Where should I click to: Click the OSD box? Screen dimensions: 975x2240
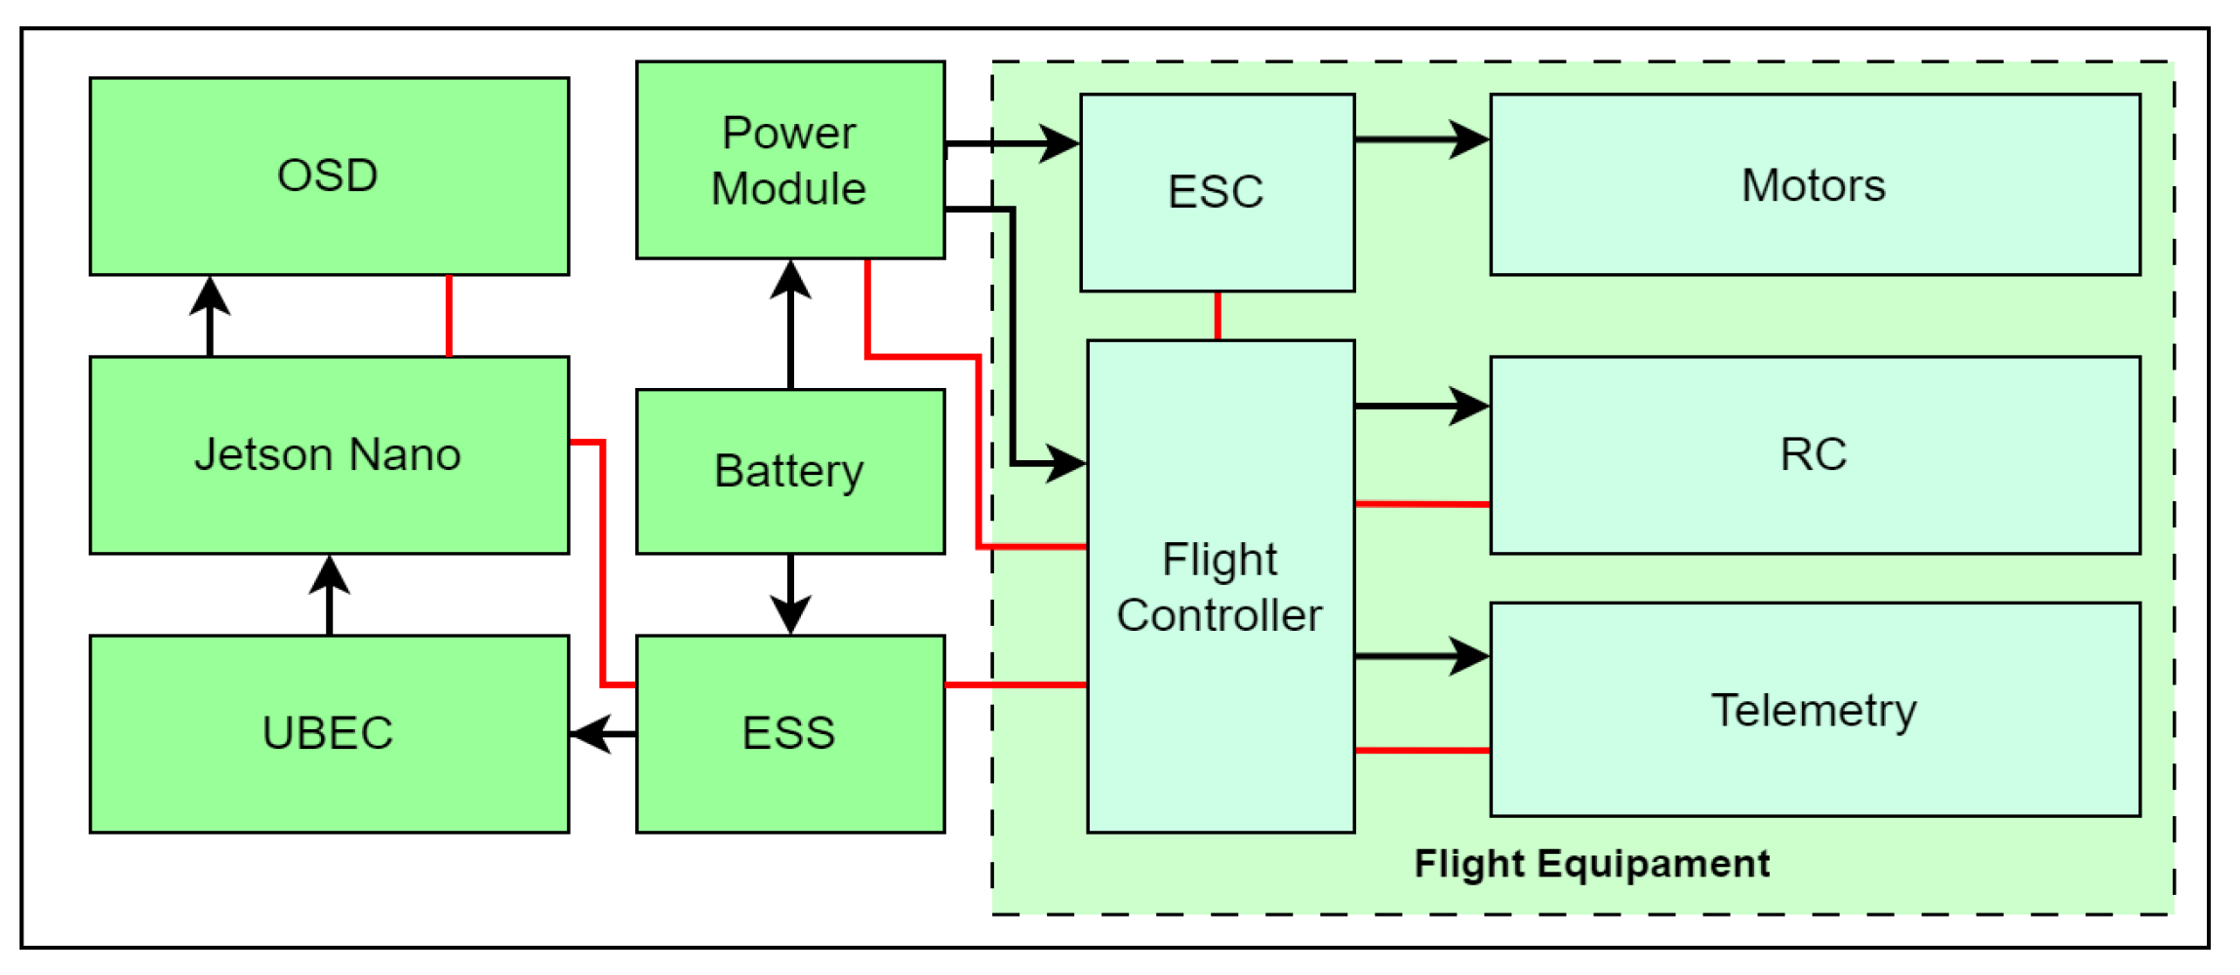(329, 176)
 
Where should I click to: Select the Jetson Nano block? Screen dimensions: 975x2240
(329, 455)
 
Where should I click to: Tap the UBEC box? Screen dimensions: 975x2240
(329, 734)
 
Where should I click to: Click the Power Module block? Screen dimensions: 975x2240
(790, 161)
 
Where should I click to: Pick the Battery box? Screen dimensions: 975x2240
(790, 472)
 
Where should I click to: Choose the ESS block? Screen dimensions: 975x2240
(790, 734)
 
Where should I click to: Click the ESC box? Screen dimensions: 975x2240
(1218, 192)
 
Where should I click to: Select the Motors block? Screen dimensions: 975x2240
(1815, 185)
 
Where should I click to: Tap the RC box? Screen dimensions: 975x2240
(1815, 455)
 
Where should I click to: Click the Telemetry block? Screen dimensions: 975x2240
(1815, 710)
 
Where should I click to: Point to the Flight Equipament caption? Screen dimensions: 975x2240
(1592, 864)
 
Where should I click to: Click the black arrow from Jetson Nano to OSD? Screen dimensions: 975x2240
(210, 317)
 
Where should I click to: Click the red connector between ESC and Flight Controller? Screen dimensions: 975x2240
(1218, 316)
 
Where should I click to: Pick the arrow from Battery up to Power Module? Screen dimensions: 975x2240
(790, 325)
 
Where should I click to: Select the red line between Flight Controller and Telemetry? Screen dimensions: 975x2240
(1422, 751)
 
